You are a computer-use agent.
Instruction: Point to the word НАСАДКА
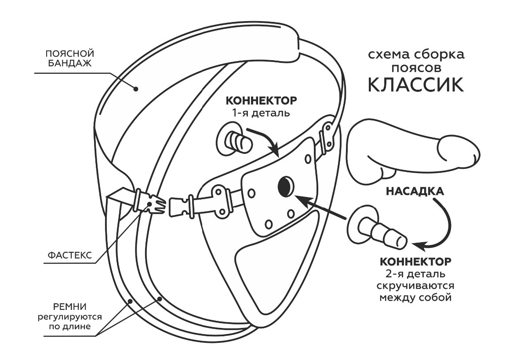coord(415,192)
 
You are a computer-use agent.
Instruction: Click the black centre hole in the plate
coord(285,187)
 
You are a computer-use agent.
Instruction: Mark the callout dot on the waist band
coord(136,89)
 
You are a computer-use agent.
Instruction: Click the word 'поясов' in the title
coord(415,68)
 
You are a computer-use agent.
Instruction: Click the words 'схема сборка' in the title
coord(415,55)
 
